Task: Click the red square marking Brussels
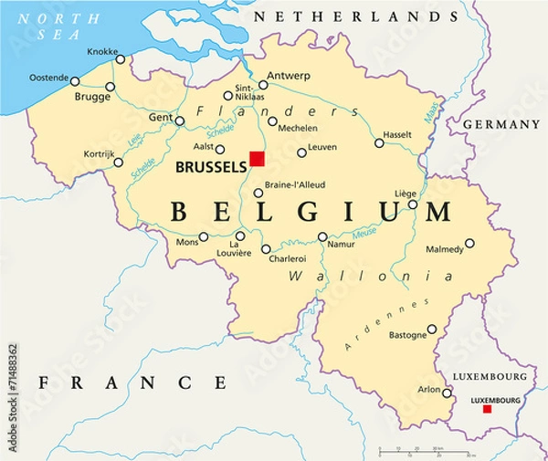click(x=258, y=159)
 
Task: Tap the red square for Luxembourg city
click(x=487, y=409)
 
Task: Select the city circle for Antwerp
click(x=262, y=85)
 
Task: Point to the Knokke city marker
click(x=121, y=59)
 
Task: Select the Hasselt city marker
click(x=379, y=142)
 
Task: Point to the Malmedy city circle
click(x=469, y=243)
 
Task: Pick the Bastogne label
click(x=407, y=335)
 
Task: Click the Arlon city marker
click(x=448, y=393)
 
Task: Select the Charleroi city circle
click(x=266, y=248)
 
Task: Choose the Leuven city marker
click(x=300, y=146)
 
